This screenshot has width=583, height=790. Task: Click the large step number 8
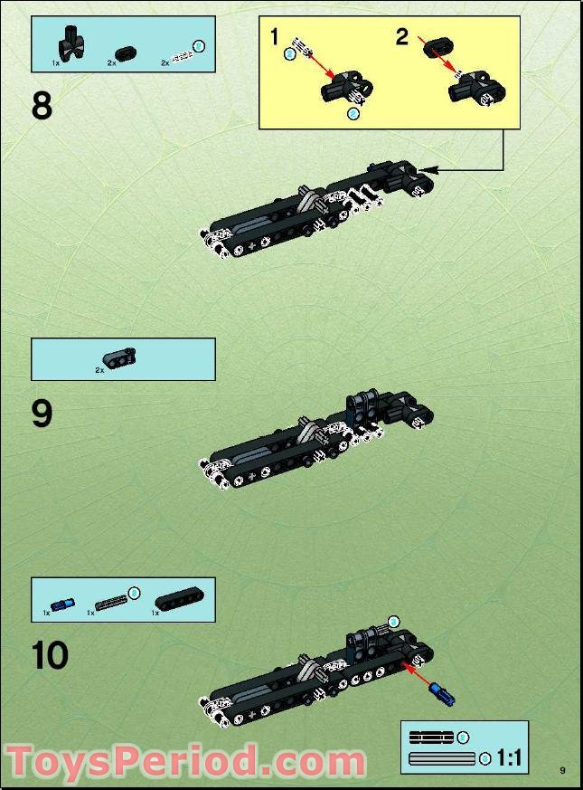point(42,107)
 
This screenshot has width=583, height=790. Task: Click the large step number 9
point(42,414)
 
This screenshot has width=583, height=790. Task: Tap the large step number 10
point(51,655)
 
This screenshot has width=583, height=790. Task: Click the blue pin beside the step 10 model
point(445,695)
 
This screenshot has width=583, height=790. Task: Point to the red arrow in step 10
point(417,678)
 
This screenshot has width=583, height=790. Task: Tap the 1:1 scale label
point(509,757)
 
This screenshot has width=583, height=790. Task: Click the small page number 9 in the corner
point(562,770)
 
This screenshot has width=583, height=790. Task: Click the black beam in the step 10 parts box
point(179,598)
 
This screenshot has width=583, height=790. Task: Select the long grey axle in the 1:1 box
point(442,758)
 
